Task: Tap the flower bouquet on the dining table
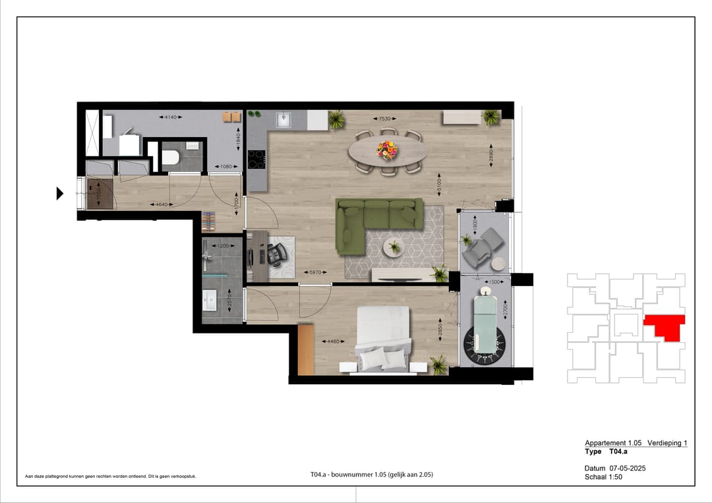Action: click(x=387, y=150)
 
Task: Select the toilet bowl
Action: click(x=169, y=158)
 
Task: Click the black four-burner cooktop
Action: click(x=256, y=159)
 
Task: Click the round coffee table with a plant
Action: click(x=394, y=247)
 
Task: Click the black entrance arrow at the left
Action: click(x=59, y=193)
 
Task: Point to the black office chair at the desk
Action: click(x=274, y=251)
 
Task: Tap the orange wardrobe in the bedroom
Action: click(x=305, y=349)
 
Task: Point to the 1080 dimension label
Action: click(x=227, y=166)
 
